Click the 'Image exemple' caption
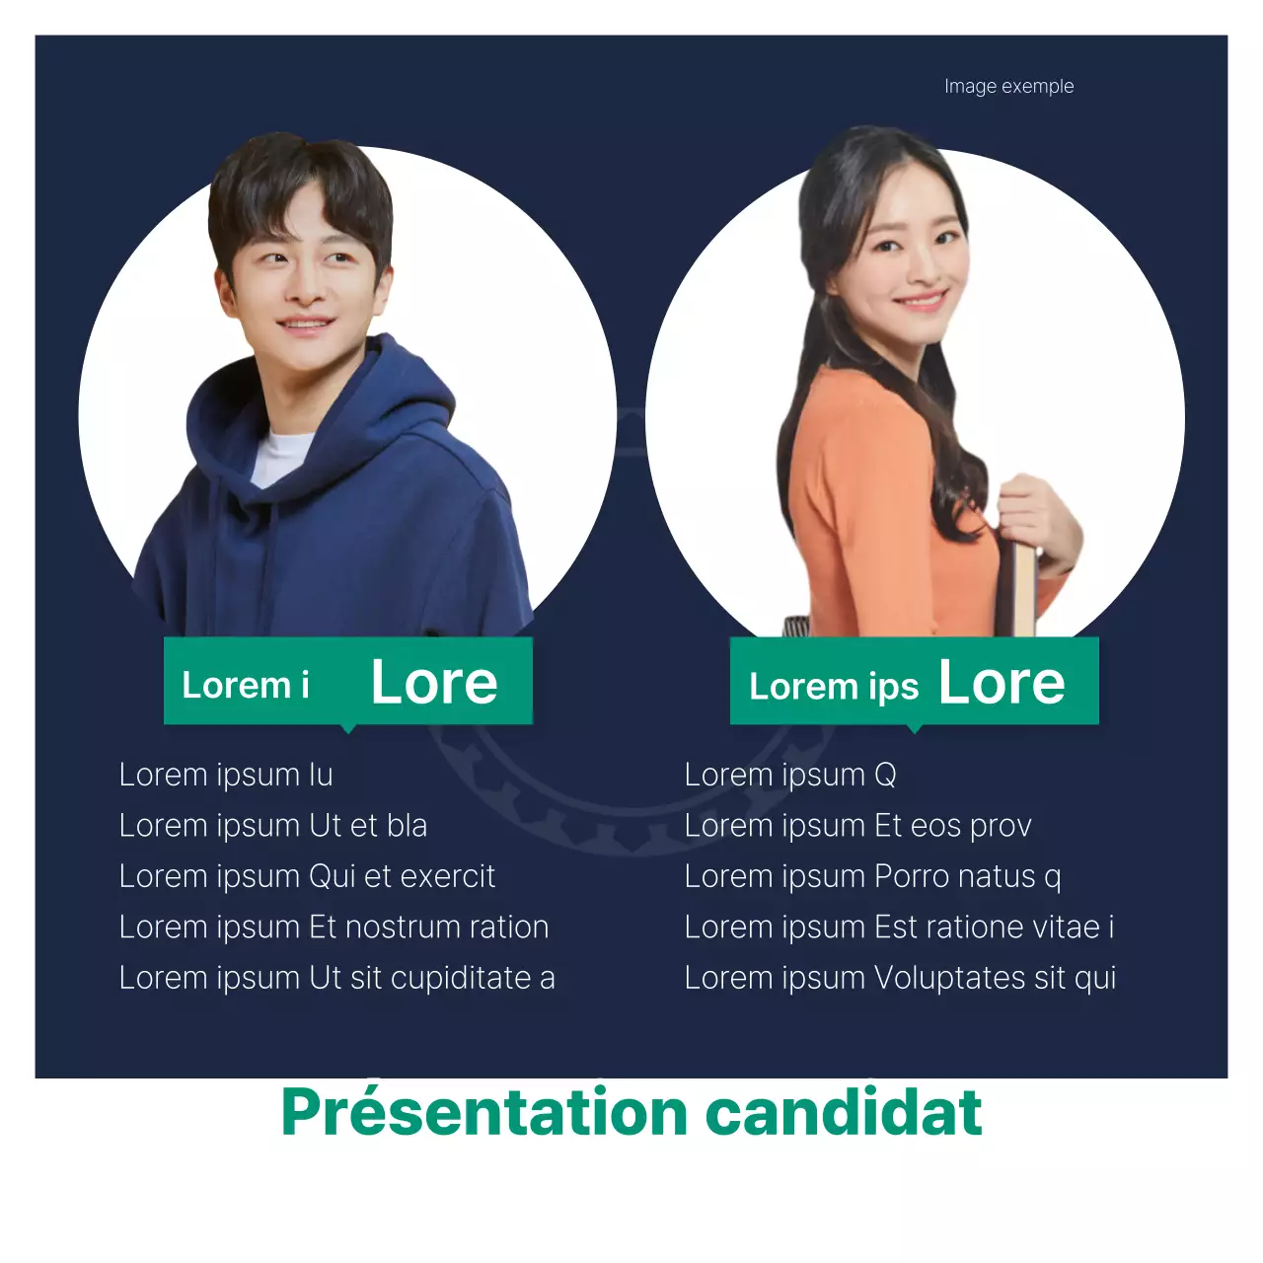pos(1008,87)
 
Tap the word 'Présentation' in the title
pos(483,1112)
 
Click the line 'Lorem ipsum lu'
pos(226,776)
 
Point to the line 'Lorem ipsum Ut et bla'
pos(273,826)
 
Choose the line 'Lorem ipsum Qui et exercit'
pos(307,877)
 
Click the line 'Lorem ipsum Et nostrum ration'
pos(334,928)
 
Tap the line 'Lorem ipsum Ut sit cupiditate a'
pos(336,979)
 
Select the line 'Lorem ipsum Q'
pos(790,776)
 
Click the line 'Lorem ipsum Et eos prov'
pos(858,826)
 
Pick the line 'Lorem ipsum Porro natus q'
pos(873,877)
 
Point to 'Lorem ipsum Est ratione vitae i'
pos(900,928)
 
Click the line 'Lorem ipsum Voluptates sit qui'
pos(901,979)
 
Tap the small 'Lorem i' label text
pos(246,685)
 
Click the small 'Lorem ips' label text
pos(834,687)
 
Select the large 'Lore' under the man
pos(434,682)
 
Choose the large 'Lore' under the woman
pos(1002,682)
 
